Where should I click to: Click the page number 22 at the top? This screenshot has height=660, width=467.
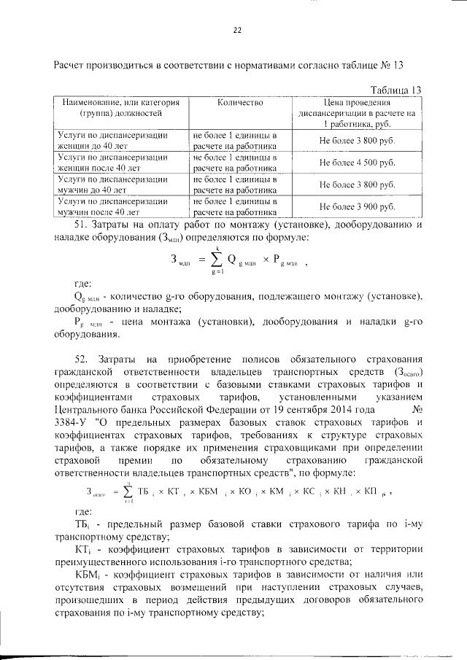tap(236, 30)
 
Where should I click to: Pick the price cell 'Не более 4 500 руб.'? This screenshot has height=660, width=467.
tap(358, 163)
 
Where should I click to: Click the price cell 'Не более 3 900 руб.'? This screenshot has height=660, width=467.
tap(358, 206)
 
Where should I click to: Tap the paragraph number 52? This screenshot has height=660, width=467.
tap(82, 360)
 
